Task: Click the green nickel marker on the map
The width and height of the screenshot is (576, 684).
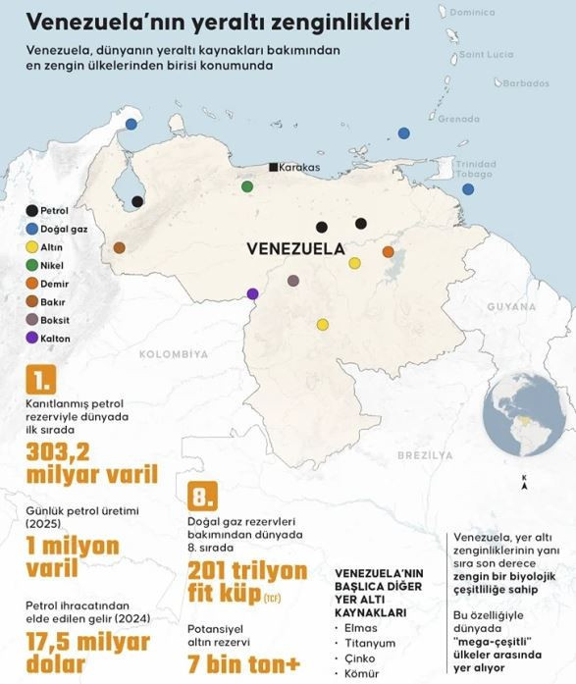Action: (247, 186)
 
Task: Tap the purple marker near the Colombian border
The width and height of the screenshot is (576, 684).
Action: (253, 293)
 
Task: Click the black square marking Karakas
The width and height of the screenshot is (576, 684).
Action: (273, 168)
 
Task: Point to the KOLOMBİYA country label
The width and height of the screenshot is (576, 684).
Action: (174, 353)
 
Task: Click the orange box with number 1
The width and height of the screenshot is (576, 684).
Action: (41, 380)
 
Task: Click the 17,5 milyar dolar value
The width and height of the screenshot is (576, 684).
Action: (88, 654)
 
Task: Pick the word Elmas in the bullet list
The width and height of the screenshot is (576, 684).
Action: (361, 622)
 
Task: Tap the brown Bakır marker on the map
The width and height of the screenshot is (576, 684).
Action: (119, 248)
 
